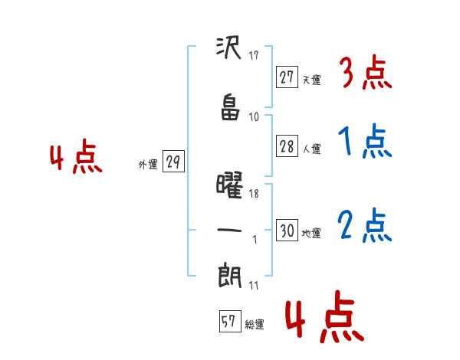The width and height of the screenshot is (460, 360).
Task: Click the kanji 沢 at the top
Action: (228, 47)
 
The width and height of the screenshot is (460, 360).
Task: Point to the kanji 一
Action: (229, 230)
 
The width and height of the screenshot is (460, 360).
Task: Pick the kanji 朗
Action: (229, 275)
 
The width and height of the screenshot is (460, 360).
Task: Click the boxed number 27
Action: (287, 77)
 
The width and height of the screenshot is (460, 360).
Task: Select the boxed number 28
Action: (287, 146)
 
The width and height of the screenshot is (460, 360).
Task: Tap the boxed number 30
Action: (287, 230)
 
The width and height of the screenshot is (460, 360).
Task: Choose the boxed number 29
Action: (173, 162)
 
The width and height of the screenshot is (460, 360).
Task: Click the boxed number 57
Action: (230, 321)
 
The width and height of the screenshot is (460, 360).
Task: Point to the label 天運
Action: (311, 80)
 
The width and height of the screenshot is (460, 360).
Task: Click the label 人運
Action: (311, 149)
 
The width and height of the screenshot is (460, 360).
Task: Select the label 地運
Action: (311, 233)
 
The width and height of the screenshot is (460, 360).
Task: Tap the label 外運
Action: (148, 164)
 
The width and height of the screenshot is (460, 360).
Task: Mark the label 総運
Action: (255, 324)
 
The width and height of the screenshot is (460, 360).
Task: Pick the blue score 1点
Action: (365, 141)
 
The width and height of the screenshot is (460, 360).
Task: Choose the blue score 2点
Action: (365, 226)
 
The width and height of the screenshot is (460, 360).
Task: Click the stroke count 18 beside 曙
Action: (254, 194)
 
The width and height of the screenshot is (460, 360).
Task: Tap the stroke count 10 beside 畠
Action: (254, 117)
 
